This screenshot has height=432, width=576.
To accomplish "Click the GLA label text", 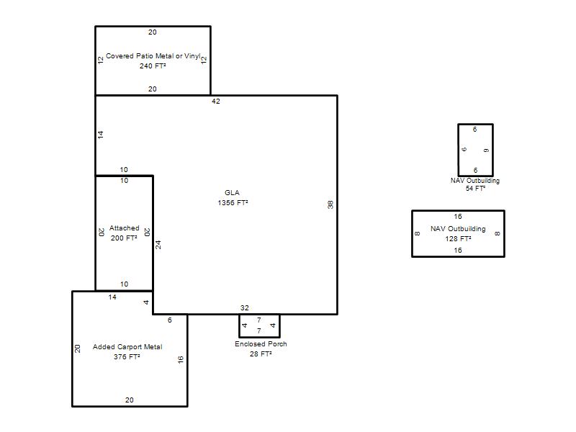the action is point(232,192).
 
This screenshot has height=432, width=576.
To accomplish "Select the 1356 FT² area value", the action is point(233,202).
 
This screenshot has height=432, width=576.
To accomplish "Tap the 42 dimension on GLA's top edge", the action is point(215,101).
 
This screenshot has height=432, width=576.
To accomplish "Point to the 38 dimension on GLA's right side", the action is point(330,204).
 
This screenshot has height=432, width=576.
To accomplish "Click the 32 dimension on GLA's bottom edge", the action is point(245,308).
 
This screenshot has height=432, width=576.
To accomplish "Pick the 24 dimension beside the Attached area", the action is point(158,245).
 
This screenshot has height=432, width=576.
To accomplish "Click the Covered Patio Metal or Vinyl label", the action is point(153,56).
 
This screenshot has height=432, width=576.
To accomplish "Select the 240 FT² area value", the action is point(153,66).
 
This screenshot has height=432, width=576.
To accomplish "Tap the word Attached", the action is point(124,228).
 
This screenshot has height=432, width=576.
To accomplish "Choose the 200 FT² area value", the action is point(124,238).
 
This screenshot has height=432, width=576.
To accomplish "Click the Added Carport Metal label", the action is point(127,346).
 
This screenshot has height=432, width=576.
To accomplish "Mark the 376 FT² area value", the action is point(127,356).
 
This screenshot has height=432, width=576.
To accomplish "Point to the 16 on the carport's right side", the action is point(181,359).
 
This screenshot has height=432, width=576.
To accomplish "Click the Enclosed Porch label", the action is point(261,344).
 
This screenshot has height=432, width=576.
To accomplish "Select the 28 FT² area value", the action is point(261,354).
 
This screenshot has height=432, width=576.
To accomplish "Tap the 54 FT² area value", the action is point(475,188).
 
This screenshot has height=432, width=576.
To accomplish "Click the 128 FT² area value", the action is point(458,238).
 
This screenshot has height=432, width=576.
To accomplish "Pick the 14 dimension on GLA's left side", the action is point(101,135).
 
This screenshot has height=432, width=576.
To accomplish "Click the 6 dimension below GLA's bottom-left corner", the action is point(170,320).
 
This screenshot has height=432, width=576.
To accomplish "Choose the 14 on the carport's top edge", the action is point(112,297).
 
